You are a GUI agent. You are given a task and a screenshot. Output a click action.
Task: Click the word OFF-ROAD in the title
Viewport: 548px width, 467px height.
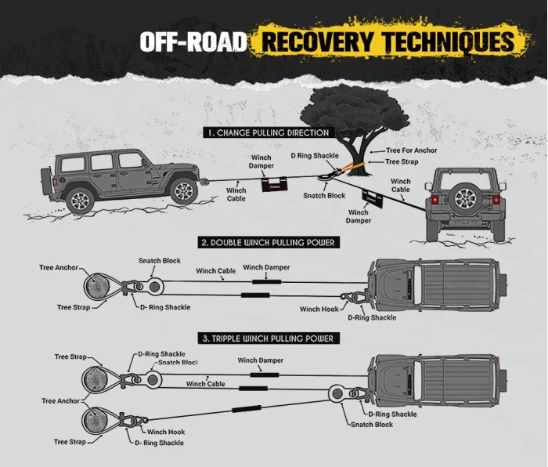(x=194, y=42)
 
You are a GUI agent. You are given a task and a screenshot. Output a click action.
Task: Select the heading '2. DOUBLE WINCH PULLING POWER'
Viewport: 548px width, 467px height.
(x=268, y=243)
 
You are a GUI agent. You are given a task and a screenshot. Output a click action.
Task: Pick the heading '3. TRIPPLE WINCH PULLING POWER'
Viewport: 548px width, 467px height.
(x=268, y=338)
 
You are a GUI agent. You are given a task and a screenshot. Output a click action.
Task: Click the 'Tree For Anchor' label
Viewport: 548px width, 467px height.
(x=412, y=150)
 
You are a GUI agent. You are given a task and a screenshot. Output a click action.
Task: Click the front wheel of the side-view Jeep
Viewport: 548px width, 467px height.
(x=182, y=190)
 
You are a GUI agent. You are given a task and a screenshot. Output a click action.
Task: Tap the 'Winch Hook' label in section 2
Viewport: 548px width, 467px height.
(x=319, y=310)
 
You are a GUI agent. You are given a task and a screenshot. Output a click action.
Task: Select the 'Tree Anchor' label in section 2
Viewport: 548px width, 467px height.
(x=59, y=268)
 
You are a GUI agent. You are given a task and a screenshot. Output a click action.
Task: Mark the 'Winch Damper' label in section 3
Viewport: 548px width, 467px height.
(x=261, y=360)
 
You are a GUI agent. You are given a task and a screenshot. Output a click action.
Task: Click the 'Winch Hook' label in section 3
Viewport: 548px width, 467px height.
(x=165, y=432)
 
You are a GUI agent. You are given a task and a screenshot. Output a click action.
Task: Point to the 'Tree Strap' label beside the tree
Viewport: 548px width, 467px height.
(x=402, y=162)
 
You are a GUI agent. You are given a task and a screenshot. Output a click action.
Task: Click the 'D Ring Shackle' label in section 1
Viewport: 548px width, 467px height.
(x=315, y=156)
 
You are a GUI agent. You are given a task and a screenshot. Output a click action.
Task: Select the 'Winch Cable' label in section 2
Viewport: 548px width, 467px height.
(x=216, y=271)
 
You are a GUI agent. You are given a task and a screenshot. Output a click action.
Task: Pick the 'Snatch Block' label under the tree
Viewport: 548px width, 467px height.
(x=324, y=195)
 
